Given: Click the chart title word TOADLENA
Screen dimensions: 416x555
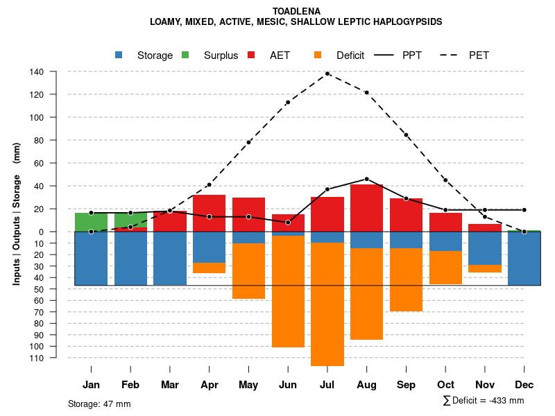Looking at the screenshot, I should click(296, 12).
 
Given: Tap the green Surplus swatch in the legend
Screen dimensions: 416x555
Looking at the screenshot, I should click(185, 55).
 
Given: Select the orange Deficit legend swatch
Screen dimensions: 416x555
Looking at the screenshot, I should click(318, 55).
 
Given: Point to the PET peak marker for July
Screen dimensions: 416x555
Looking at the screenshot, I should click(327, 73).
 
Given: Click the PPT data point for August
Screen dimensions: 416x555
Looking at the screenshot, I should click(366, 179).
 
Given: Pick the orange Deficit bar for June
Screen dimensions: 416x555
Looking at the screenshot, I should click(288, 291).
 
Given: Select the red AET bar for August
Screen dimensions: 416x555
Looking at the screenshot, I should click(366, 208).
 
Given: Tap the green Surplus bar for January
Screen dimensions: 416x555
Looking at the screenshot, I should click(91, 222).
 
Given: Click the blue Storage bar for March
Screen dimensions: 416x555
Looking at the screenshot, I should click(170, 258).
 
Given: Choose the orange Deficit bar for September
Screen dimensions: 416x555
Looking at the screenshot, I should click(406, 279).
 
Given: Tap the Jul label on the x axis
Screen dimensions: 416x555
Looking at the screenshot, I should click(327, 385).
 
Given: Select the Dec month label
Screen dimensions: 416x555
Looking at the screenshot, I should click(524, 385).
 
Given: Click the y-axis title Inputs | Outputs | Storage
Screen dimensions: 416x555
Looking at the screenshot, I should click(17, 214).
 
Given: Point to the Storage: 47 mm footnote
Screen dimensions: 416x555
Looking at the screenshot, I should click(99, 404).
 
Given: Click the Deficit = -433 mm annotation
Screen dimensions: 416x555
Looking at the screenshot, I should click(484, 401).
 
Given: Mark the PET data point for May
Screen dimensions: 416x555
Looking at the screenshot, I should click(248, 142).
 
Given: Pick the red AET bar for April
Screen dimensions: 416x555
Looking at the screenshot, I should click(209, 213).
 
